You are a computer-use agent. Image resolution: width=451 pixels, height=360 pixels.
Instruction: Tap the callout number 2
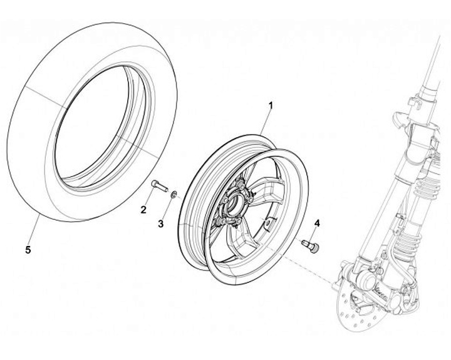[143, 209]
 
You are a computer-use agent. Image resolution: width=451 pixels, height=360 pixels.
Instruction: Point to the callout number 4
[316, 223]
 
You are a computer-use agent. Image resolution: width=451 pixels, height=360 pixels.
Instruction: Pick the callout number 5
[28, 250]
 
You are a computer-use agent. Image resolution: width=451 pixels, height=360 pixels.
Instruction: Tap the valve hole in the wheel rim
[268, 220]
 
